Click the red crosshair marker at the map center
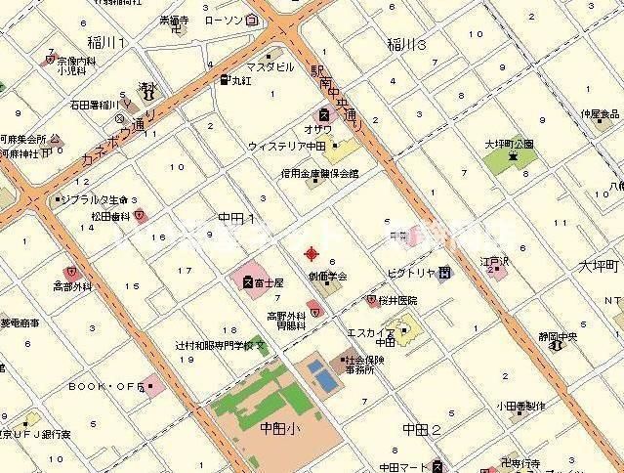pos(312,254)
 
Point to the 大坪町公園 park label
pos(510,143)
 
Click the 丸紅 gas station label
pos(240,80)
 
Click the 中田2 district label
pos(422,429)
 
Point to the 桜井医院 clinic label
pos(400,301)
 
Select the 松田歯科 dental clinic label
pos(110,217)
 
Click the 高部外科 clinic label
pos(71,287)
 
